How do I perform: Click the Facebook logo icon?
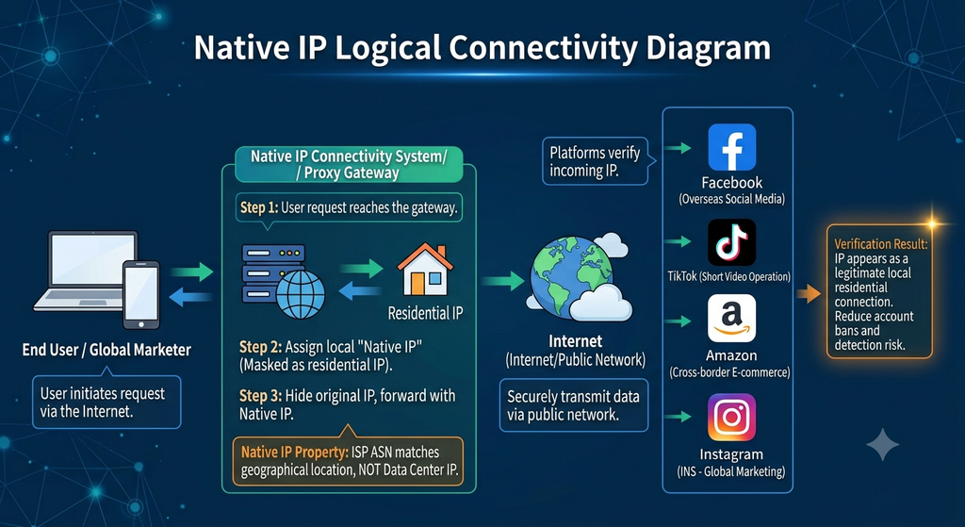click(731, 147)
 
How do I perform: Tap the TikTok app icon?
click(731, 242)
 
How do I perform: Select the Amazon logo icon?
click(731, 319)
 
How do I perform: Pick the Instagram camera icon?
click(731, 418)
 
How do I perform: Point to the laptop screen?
click(92, 258)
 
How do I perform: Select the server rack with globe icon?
click(283, 281)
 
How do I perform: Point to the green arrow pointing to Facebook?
click(678, 148)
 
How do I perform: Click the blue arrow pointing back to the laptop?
click(190, 298)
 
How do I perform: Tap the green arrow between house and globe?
click(502, 281)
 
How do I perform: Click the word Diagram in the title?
click(708, 49)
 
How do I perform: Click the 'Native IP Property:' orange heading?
click(295, 453)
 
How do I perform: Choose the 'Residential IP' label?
click(425, 313)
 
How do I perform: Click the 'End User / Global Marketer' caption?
click(106, 350)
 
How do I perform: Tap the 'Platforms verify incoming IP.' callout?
click(595, 161)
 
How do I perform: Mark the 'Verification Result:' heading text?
click(881, 244)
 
